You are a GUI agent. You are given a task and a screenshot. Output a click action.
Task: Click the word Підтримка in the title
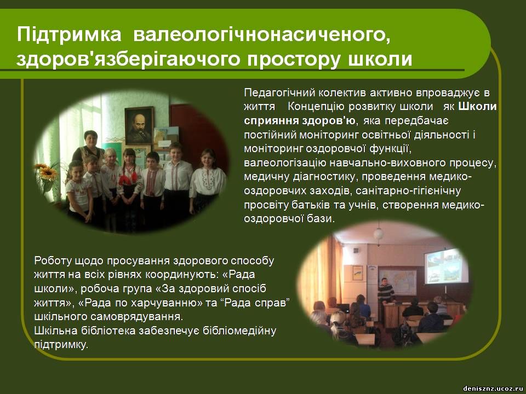(x=69, y=34)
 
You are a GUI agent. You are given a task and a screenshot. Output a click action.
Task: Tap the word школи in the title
(x=380, y=59)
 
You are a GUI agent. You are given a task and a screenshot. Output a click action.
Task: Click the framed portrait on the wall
(x=139, y=125)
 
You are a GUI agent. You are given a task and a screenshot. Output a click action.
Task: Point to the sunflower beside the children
(x=47, y=172)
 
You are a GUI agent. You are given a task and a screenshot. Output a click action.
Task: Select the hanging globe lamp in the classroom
(x=379, y=233)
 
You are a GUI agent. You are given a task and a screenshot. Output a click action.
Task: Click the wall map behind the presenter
(x=398, y=281)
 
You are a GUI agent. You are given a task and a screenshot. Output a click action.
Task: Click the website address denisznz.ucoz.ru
(x=493, y=389)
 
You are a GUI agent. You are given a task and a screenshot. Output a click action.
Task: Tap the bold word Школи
(x=477, y=106)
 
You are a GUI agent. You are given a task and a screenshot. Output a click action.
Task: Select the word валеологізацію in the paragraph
(x=285, y=163)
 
